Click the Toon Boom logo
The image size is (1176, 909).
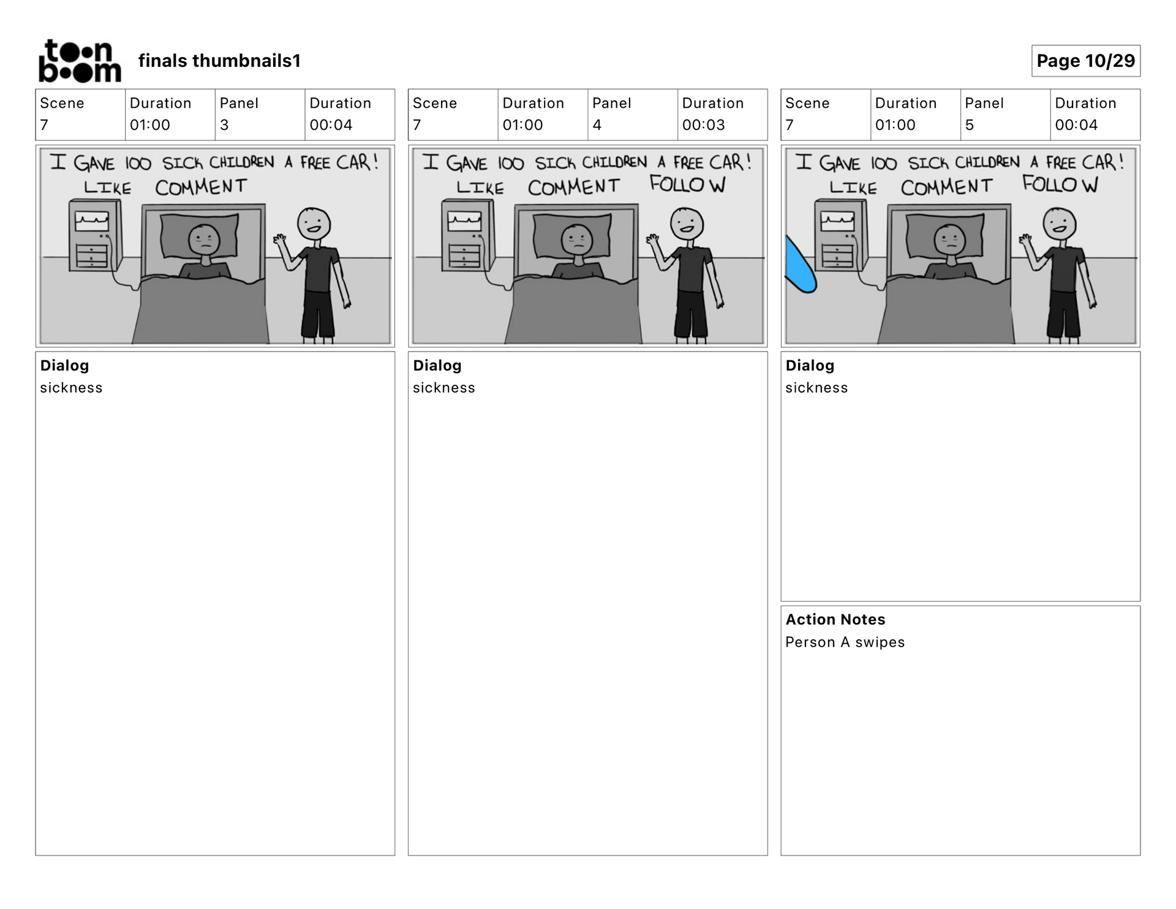(80, 61)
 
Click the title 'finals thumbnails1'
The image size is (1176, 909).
(219, 61)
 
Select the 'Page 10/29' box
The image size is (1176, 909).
(1085, 61)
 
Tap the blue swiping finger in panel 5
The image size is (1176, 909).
(799, 265)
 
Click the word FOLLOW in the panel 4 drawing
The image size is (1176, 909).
(687, 184)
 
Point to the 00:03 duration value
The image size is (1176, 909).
(703, 125)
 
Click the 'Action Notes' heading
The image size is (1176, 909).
(835, 619)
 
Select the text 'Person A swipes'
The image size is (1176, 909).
(845, 642)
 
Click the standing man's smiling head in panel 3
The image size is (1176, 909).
(314, 224)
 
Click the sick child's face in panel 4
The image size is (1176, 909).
(577, 240)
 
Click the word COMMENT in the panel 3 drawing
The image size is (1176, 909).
(201, 187)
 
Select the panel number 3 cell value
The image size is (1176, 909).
(224, 125)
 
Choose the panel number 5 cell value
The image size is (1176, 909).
(969, 125)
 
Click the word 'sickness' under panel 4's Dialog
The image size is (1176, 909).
(443, 388)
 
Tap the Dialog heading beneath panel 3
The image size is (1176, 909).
(64, 366)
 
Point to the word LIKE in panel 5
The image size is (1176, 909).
(853, 187)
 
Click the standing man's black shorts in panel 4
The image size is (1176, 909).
(692, 314)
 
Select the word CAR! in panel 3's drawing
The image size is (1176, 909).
(357, 162)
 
